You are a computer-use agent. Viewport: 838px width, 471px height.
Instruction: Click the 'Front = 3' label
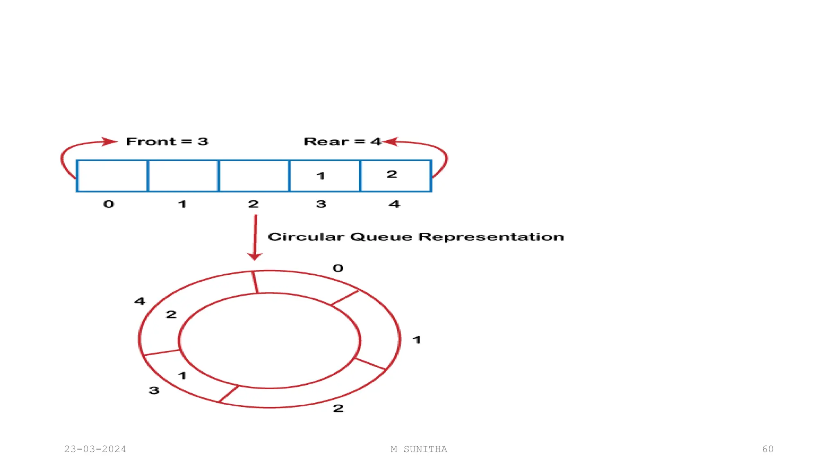coord(167,141)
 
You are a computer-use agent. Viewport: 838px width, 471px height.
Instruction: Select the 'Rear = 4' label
coord(342,141)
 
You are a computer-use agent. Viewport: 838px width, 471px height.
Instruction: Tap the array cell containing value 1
coord(324,176)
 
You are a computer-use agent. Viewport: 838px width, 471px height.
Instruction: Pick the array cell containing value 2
coord(396,176)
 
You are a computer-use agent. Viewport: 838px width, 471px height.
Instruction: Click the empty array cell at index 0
coord(112,176)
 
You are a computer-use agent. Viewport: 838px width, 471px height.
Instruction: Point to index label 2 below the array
coord(253,204)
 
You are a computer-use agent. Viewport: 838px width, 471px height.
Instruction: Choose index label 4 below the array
coord(394,204)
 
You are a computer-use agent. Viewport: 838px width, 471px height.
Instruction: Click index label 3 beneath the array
coord(321,204)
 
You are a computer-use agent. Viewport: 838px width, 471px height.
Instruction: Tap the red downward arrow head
coord(255,256)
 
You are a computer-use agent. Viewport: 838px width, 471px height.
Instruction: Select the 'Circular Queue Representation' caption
coord(416,237)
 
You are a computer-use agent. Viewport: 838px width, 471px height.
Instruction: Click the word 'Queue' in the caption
coord(381,237)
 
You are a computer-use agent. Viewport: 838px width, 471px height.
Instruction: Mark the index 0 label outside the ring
coord(338,268)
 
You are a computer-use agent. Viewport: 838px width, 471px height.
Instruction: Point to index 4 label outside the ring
coord(140,301)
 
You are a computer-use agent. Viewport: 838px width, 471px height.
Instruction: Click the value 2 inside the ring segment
coord(171,314)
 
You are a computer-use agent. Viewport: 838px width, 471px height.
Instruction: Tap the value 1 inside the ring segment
coord(182,375)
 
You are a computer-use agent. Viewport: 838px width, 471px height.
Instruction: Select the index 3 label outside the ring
coord(154,390)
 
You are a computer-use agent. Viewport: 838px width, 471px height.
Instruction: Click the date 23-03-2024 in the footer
coord(95,449)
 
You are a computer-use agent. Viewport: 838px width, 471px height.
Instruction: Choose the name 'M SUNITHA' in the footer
coord(419,449)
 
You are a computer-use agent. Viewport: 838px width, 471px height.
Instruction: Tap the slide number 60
coord(768,449)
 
